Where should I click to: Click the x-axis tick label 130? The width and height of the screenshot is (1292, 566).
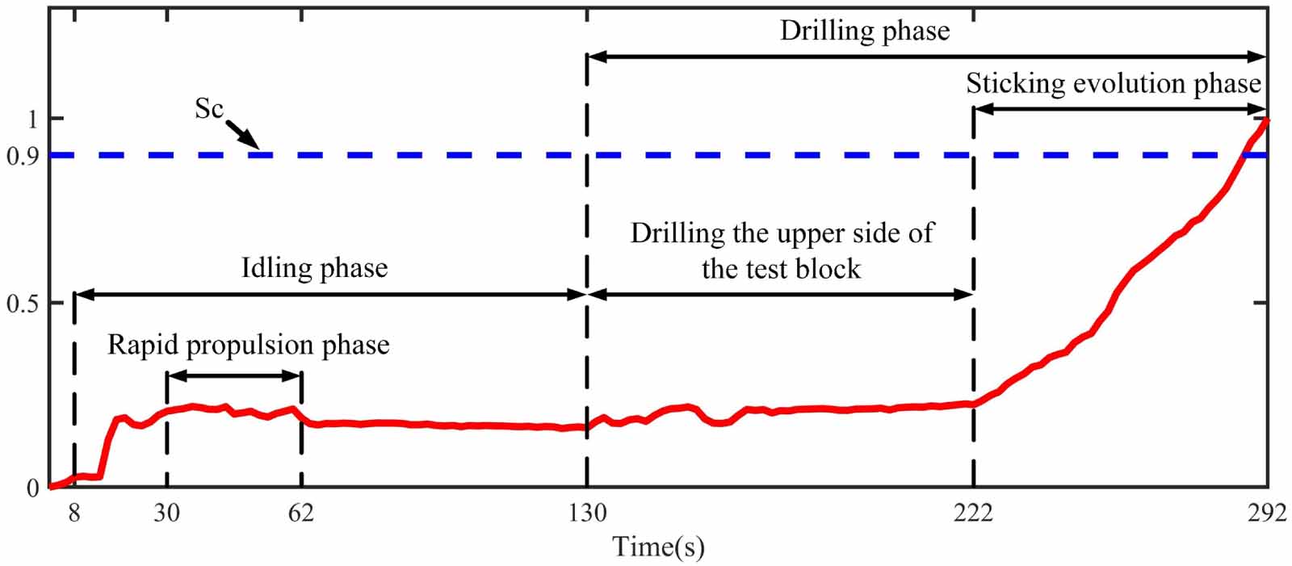coord(587,514)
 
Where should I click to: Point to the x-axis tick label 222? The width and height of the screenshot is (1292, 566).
coord(973,514)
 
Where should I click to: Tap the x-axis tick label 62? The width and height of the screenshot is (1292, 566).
coord(301,514)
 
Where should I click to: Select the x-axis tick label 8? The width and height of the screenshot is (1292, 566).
coord(73,514)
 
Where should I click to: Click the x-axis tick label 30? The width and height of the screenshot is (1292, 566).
coord(166,514)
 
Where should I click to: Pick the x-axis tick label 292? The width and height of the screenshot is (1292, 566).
coord(1265,514)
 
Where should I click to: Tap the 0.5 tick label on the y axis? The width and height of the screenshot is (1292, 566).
coord(23,304)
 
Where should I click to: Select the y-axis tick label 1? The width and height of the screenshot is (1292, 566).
coord(33,119)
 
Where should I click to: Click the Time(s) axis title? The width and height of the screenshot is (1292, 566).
coord(658,547)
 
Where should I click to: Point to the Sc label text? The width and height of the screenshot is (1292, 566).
coord(208,108)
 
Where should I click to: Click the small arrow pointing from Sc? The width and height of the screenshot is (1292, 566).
coord(241,134)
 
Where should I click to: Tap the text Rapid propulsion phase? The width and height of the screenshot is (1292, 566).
coord(249,346)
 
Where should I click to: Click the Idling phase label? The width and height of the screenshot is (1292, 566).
coord(314,268)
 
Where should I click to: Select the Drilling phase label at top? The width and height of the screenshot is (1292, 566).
coord(864,31)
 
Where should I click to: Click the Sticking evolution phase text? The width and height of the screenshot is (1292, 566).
coord(1113,83)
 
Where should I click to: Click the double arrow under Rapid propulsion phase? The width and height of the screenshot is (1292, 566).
coord(233,375)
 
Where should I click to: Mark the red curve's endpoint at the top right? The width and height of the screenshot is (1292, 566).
coord(1265,121)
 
